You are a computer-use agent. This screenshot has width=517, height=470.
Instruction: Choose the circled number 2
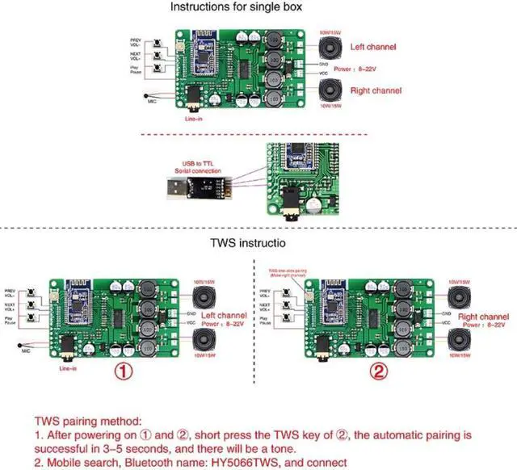[380, 374]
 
